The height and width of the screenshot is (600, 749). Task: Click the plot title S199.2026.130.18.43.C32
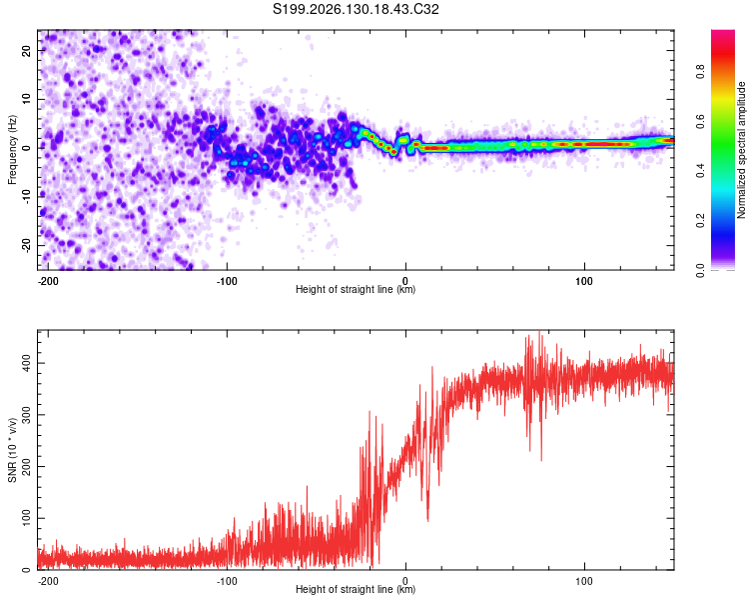click(356, 9)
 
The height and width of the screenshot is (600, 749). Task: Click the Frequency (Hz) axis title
click(12, 150)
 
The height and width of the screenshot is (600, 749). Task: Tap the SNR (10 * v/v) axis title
click(12, 450)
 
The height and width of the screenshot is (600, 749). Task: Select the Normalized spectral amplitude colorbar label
click(741, 150)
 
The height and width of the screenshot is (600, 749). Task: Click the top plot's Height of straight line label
click(356, 289)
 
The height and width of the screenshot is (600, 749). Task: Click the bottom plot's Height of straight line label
click(356, 589)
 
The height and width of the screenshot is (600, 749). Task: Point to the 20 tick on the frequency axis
click(27, 50)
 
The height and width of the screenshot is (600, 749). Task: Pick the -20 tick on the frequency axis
click(27, 246)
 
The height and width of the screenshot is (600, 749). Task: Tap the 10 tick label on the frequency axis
click(27, 99)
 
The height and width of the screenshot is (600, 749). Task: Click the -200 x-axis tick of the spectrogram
click(48, 281)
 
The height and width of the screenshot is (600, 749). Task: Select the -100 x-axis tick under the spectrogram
click(227, 281)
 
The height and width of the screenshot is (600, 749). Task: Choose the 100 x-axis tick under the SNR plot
click(584, 581)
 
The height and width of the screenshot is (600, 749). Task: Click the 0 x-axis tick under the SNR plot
click(405, 581)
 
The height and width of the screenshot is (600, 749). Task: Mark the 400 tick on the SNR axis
click(27, 363)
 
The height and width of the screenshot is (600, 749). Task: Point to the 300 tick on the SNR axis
click(27, 415)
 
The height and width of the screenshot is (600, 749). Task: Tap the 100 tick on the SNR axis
click(27, 518)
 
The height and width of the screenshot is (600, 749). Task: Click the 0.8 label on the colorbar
click(700, 72)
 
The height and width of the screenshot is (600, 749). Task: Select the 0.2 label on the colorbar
click(700, 221)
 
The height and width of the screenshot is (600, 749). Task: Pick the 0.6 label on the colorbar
click(700, 122)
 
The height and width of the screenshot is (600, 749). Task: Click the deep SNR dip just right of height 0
click(427, 519)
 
